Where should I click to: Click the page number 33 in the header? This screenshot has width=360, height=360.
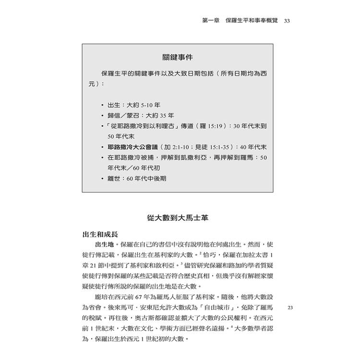click(287, 21)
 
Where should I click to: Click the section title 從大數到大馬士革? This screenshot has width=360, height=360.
click(178, 217)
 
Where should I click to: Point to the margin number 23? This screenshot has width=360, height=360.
click(289, 307)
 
